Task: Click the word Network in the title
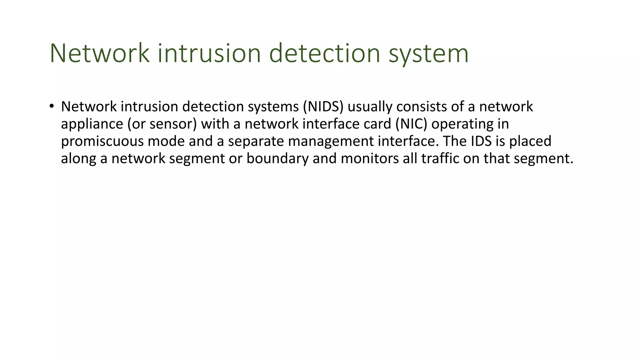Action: click(x=99, y=53)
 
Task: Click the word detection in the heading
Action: click(x=324, y=53)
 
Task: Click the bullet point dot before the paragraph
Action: click(x=52, y=106)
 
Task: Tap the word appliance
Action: click(x=92, y=124)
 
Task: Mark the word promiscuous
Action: click(x=102, y=142)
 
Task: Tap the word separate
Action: click(x=256, y=142)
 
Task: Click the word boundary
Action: click(x=277, y=159)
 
